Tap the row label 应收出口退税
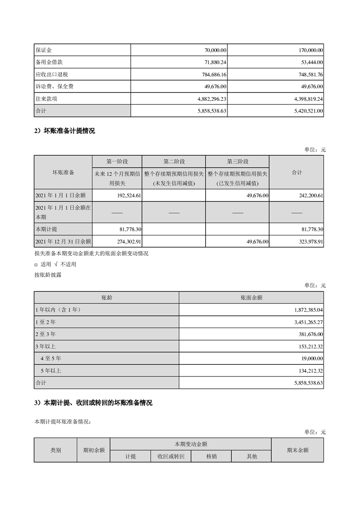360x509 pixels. (51, 74)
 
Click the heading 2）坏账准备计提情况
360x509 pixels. (65, 131)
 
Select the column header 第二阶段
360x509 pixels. (174, 162)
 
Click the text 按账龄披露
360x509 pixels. (47, 274)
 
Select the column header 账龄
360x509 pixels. (106, 298)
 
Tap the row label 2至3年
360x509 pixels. (45, 334)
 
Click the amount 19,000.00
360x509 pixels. (311, 359)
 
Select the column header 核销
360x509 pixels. (211, 456)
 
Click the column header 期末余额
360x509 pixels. (297, 450)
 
